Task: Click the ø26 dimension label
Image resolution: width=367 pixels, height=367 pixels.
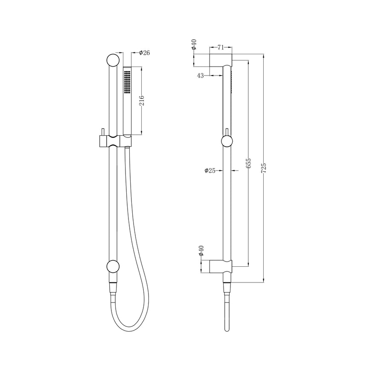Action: pyautogui.click(x=144, y=53)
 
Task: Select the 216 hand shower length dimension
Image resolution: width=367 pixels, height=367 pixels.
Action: pyautogui.click(x=142, y=101)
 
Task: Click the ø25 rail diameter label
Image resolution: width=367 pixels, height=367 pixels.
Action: pyautogui.click(x=210, y=170)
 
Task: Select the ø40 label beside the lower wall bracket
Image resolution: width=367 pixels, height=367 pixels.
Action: pyautogui.click(x=201, y=251)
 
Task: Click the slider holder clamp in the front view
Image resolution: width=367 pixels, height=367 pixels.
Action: pyautogui.click(x=114, y=141)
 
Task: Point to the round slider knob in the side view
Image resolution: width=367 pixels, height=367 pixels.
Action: pyautogui.click(x=227, y=141)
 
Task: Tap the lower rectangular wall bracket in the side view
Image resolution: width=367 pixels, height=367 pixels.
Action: pyautogui.click(x=221, y=266)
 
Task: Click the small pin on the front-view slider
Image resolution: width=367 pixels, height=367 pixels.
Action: pyautogui.click(x=103, y=132)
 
